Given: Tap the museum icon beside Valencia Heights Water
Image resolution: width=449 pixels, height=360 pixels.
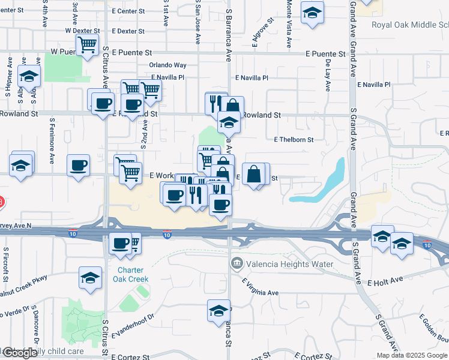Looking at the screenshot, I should [x=237, y=263].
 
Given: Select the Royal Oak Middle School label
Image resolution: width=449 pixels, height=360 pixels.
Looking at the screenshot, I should [x=409, y=25].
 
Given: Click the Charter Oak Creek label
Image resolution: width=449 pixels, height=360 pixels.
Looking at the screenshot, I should [x=130, y=274].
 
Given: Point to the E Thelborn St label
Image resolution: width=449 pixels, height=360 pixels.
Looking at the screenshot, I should [x=294, y=140].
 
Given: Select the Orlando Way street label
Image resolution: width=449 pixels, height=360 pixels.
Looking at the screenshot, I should [x=168, y=65].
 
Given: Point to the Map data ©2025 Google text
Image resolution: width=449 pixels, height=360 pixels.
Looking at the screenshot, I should [x=412, y=355].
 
